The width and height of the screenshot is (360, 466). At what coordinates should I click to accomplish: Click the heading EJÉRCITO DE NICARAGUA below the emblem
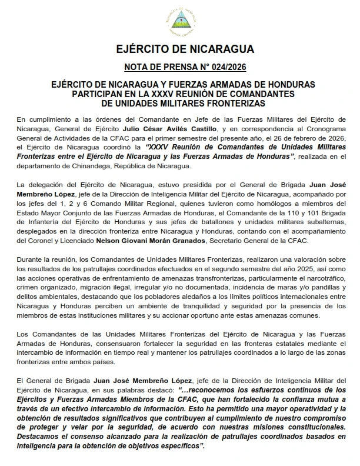coord(179,48)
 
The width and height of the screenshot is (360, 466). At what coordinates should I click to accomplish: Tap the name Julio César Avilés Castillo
coord(182,128)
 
